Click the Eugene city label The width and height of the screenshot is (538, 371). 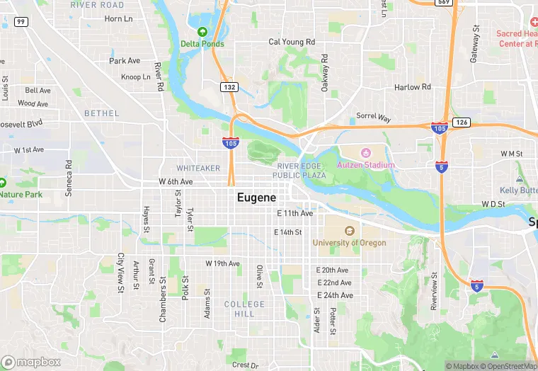click(256, 198)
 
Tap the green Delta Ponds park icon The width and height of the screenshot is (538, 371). click(202, 32)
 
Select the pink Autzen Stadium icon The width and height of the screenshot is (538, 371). click(366, 153)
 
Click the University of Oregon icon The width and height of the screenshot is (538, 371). click(349, 232)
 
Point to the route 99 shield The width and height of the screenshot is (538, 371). click(21, 22)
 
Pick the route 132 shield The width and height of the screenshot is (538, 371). click(229, 87)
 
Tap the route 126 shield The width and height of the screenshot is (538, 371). click(462, 122)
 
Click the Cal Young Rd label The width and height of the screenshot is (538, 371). click(292, 42)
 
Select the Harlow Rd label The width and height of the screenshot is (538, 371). click(412, 87)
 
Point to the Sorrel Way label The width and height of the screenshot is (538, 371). click(373, 116)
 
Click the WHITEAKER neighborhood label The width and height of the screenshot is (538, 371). click(198, 168)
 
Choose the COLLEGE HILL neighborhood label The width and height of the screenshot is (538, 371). click(244, 309)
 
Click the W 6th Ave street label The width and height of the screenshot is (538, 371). click(176, 182)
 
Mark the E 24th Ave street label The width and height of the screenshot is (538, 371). click(335, 295)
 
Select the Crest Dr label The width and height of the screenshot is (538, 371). click(245, 365)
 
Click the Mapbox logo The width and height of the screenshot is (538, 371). click(31, 362)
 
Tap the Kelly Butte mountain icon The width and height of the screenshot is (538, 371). click(520, 179)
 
